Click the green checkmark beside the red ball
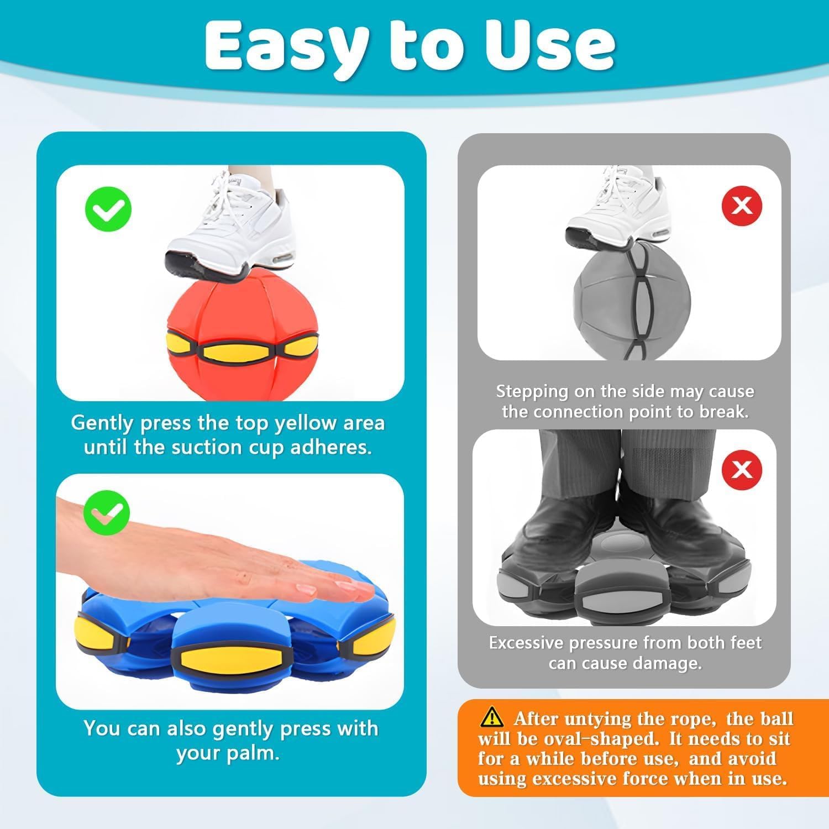108,209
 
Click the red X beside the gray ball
742,206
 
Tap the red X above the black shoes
742,470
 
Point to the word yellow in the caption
306,423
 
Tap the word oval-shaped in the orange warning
604,739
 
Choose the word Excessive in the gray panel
526,643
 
